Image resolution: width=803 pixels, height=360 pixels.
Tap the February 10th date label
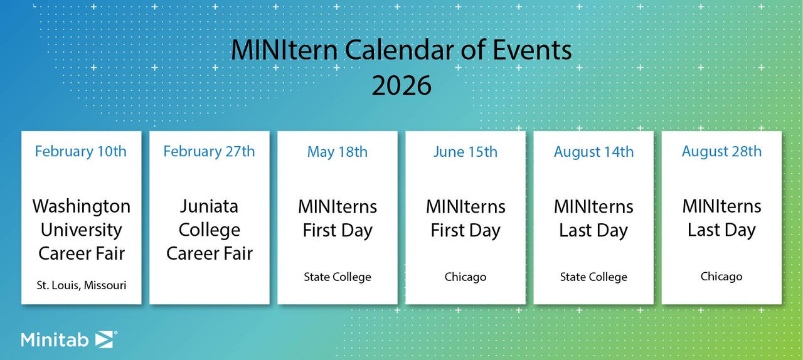pyautogui.click(x=81, y=152)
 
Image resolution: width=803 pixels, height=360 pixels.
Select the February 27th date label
pyautogui.click(x=209, y=152)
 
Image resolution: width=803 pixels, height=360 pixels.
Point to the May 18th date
pyautogui.click(x=338, y=152)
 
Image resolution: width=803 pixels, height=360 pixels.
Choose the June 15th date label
pyautogui.click(x=465, y=152)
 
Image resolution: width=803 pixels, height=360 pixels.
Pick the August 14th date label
pyautogui.click(x=593, y=152)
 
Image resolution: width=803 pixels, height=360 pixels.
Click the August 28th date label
pyautogui.click(x=721, y=152)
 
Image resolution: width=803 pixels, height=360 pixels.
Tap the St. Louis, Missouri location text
pyautogui.click(x=81, y=285)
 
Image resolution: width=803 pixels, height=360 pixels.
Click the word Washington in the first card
pyautogui.click(x=82, y=206)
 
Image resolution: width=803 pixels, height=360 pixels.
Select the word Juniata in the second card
pyautogui.click(x=209, y=206)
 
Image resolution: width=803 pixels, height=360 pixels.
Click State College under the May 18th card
pyautogui.click(x=338, y=277)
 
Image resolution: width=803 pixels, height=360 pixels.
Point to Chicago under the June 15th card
pyautogui.click(x=465, y=277)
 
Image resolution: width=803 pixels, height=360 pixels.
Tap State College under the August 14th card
pyautogui.click(x=593, y=277)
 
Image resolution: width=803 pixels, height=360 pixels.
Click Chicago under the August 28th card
pyautogui.click(x=721, y=277)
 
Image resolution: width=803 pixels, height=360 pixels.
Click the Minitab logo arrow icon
pyautogui.click(x=104, y=339)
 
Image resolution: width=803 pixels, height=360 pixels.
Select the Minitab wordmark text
pyautogui.click(x=56, y=340)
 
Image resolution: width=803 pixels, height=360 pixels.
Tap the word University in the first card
pyautogui.click(x=81, y=230)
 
